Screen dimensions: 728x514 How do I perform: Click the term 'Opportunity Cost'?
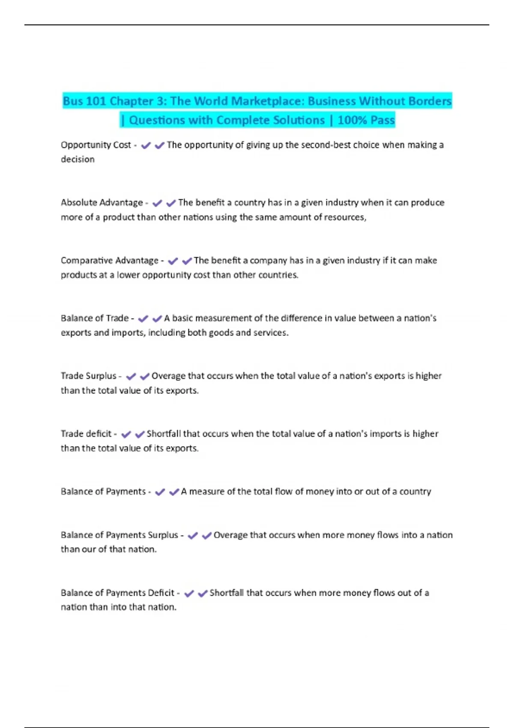point(96,145)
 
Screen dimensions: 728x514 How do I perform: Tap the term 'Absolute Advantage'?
point(102,203)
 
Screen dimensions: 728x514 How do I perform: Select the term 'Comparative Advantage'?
point(109,260)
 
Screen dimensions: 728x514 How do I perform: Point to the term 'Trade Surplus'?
point(88,376)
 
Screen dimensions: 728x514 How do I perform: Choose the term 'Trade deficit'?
point(86,434)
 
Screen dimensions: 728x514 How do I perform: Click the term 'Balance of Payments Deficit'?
point(117,593)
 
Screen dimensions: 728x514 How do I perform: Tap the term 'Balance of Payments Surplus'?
point(119,535)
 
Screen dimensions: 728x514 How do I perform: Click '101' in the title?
point(96,101)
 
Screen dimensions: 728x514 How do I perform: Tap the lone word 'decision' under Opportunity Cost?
point(78,159)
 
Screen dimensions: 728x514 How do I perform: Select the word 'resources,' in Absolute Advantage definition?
point(345,218)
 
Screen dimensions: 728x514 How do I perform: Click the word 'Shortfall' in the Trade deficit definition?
point(164,434)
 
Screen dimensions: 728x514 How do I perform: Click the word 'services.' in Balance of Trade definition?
point(271,333)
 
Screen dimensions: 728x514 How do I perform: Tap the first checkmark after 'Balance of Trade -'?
point(143,319)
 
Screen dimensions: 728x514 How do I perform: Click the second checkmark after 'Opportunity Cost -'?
point(160,146)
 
